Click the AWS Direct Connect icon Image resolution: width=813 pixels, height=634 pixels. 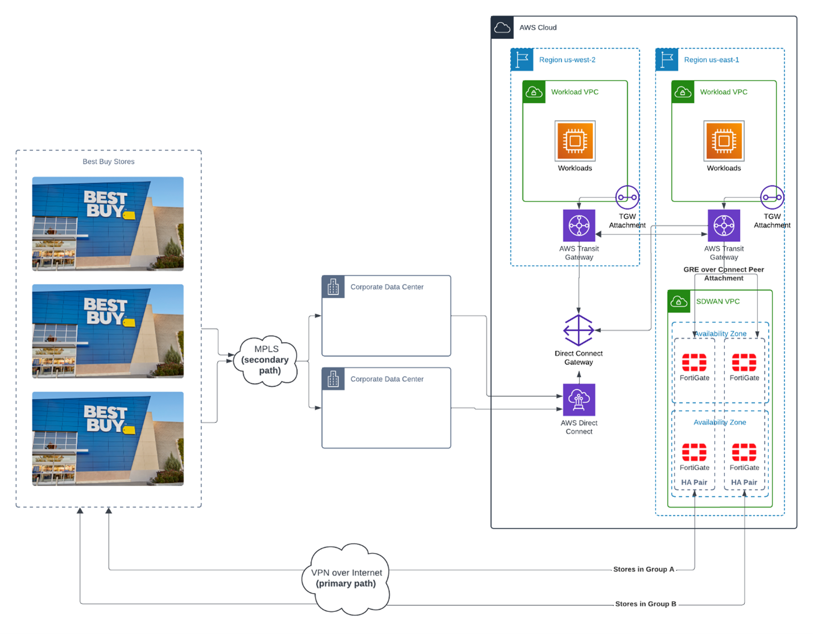pyautogui.click(x=579, y=400)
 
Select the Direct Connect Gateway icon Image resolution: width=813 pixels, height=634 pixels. pyautogui.click(x=579, y=330)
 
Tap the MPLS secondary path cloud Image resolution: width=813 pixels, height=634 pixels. pyautogui.click(x=267, y=360)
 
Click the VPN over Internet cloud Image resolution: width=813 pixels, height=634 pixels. pyautogui.click(x=346, y=578)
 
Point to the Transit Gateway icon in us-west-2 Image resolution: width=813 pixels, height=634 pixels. pyautogui.click(x=579, y=225)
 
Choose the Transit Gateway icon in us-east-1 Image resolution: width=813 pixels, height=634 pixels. pyautogui.click(x=724, y=225)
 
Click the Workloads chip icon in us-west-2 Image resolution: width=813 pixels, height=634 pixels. pyautogui.click(x=575, y=141)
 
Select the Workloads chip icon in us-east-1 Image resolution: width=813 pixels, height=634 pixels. pyautogui.click(x=724, y=141)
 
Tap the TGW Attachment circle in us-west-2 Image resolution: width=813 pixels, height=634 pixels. pyautogui.click(x=627, y=197)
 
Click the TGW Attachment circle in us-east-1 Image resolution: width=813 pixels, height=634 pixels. pyautogui.click(x=772, y=197)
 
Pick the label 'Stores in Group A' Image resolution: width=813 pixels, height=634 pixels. pyautogui.click(x=644, y=569)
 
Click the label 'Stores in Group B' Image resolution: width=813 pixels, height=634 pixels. pyautogui.click(x=645, y=604)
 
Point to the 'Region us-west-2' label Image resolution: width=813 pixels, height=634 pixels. pyautogui.click(x=567, y=60)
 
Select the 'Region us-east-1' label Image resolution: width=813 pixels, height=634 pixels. pyautogui.click(x=711, y=60)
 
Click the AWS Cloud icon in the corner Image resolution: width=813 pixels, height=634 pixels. pyautogui.click(x=503, y=27)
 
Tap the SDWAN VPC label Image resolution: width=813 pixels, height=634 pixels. pyautogui.click(x=717, y=302)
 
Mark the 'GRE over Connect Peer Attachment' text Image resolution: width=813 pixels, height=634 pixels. pyautogui.click(x=723, y=274)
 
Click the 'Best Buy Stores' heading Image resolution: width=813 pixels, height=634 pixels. pyautogui.click(x=109, y=162)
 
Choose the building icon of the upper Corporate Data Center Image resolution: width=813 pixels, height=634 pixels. pyautogui.click(x=333, y=287)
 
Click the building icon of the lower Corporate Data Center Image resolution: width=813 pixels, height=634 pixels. pyautogui.click(x=333, y=379)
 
